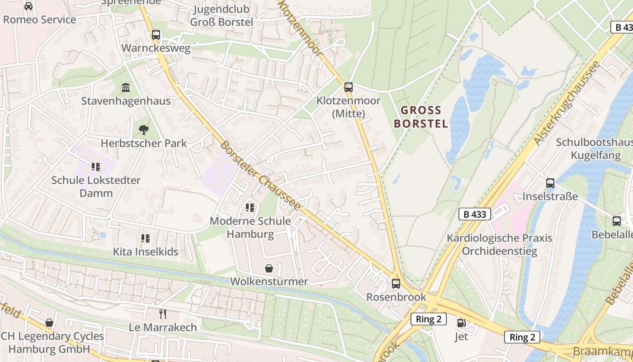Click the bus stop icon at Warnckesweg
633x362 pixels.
tap(156, 34)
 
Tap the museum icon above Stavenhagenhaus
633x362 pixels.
tap(126, 87)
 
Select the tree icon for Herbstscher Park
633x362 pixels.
tap(144, 130)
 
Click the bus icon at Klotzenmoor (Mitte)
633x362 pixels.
tap(349, 87)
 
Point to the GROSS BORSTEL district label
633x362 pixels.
tap(421, 117)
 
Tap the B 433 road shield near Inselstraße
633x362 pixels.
tap(475, 214)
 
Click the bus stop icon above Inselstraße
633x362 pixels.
tap(550, 183)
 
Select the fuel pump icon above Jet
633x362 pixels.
tap(461, 323)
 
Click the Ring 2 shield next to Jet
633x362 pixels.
tap(429, 319)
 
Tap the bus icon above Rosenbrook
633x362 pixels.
tap(396, 284)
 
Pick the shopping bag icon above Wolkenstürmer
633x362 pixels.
tap(269, 268)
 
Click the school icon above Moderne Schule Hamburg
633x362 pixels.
tap(250, 208)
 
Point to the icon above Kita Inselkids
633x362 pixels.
tap(145, 238)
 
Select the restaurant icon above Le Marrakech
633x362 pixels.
tap(163, 314)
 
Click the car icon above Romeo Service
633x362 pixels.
tap(28, 6)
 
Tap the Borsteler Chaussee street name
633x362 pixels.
tap(260, 176)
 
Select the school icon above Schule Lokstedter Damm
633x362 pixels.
tap(95, 167)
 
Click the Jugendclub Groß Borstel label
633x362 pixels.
tap(222, 15)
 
